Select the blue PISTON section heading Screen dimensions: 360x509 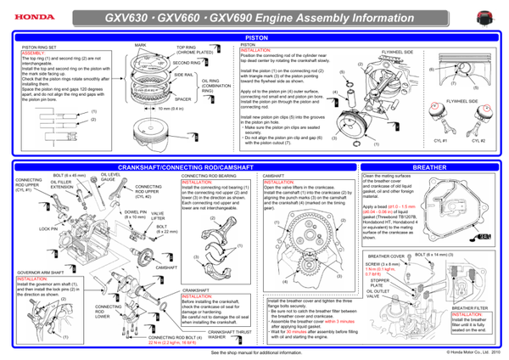click(255, 38)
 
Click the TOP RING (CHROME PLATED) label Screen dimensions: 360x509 click(194, 49)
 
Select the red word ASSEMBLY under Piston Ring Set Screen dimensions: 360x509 click(30, 52)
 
